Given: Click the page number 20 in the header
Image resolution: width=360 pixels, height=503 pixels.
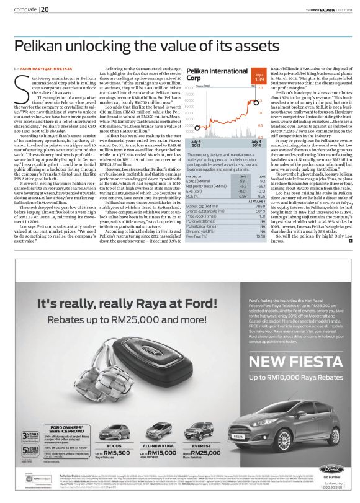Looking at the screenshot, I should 45,9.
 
